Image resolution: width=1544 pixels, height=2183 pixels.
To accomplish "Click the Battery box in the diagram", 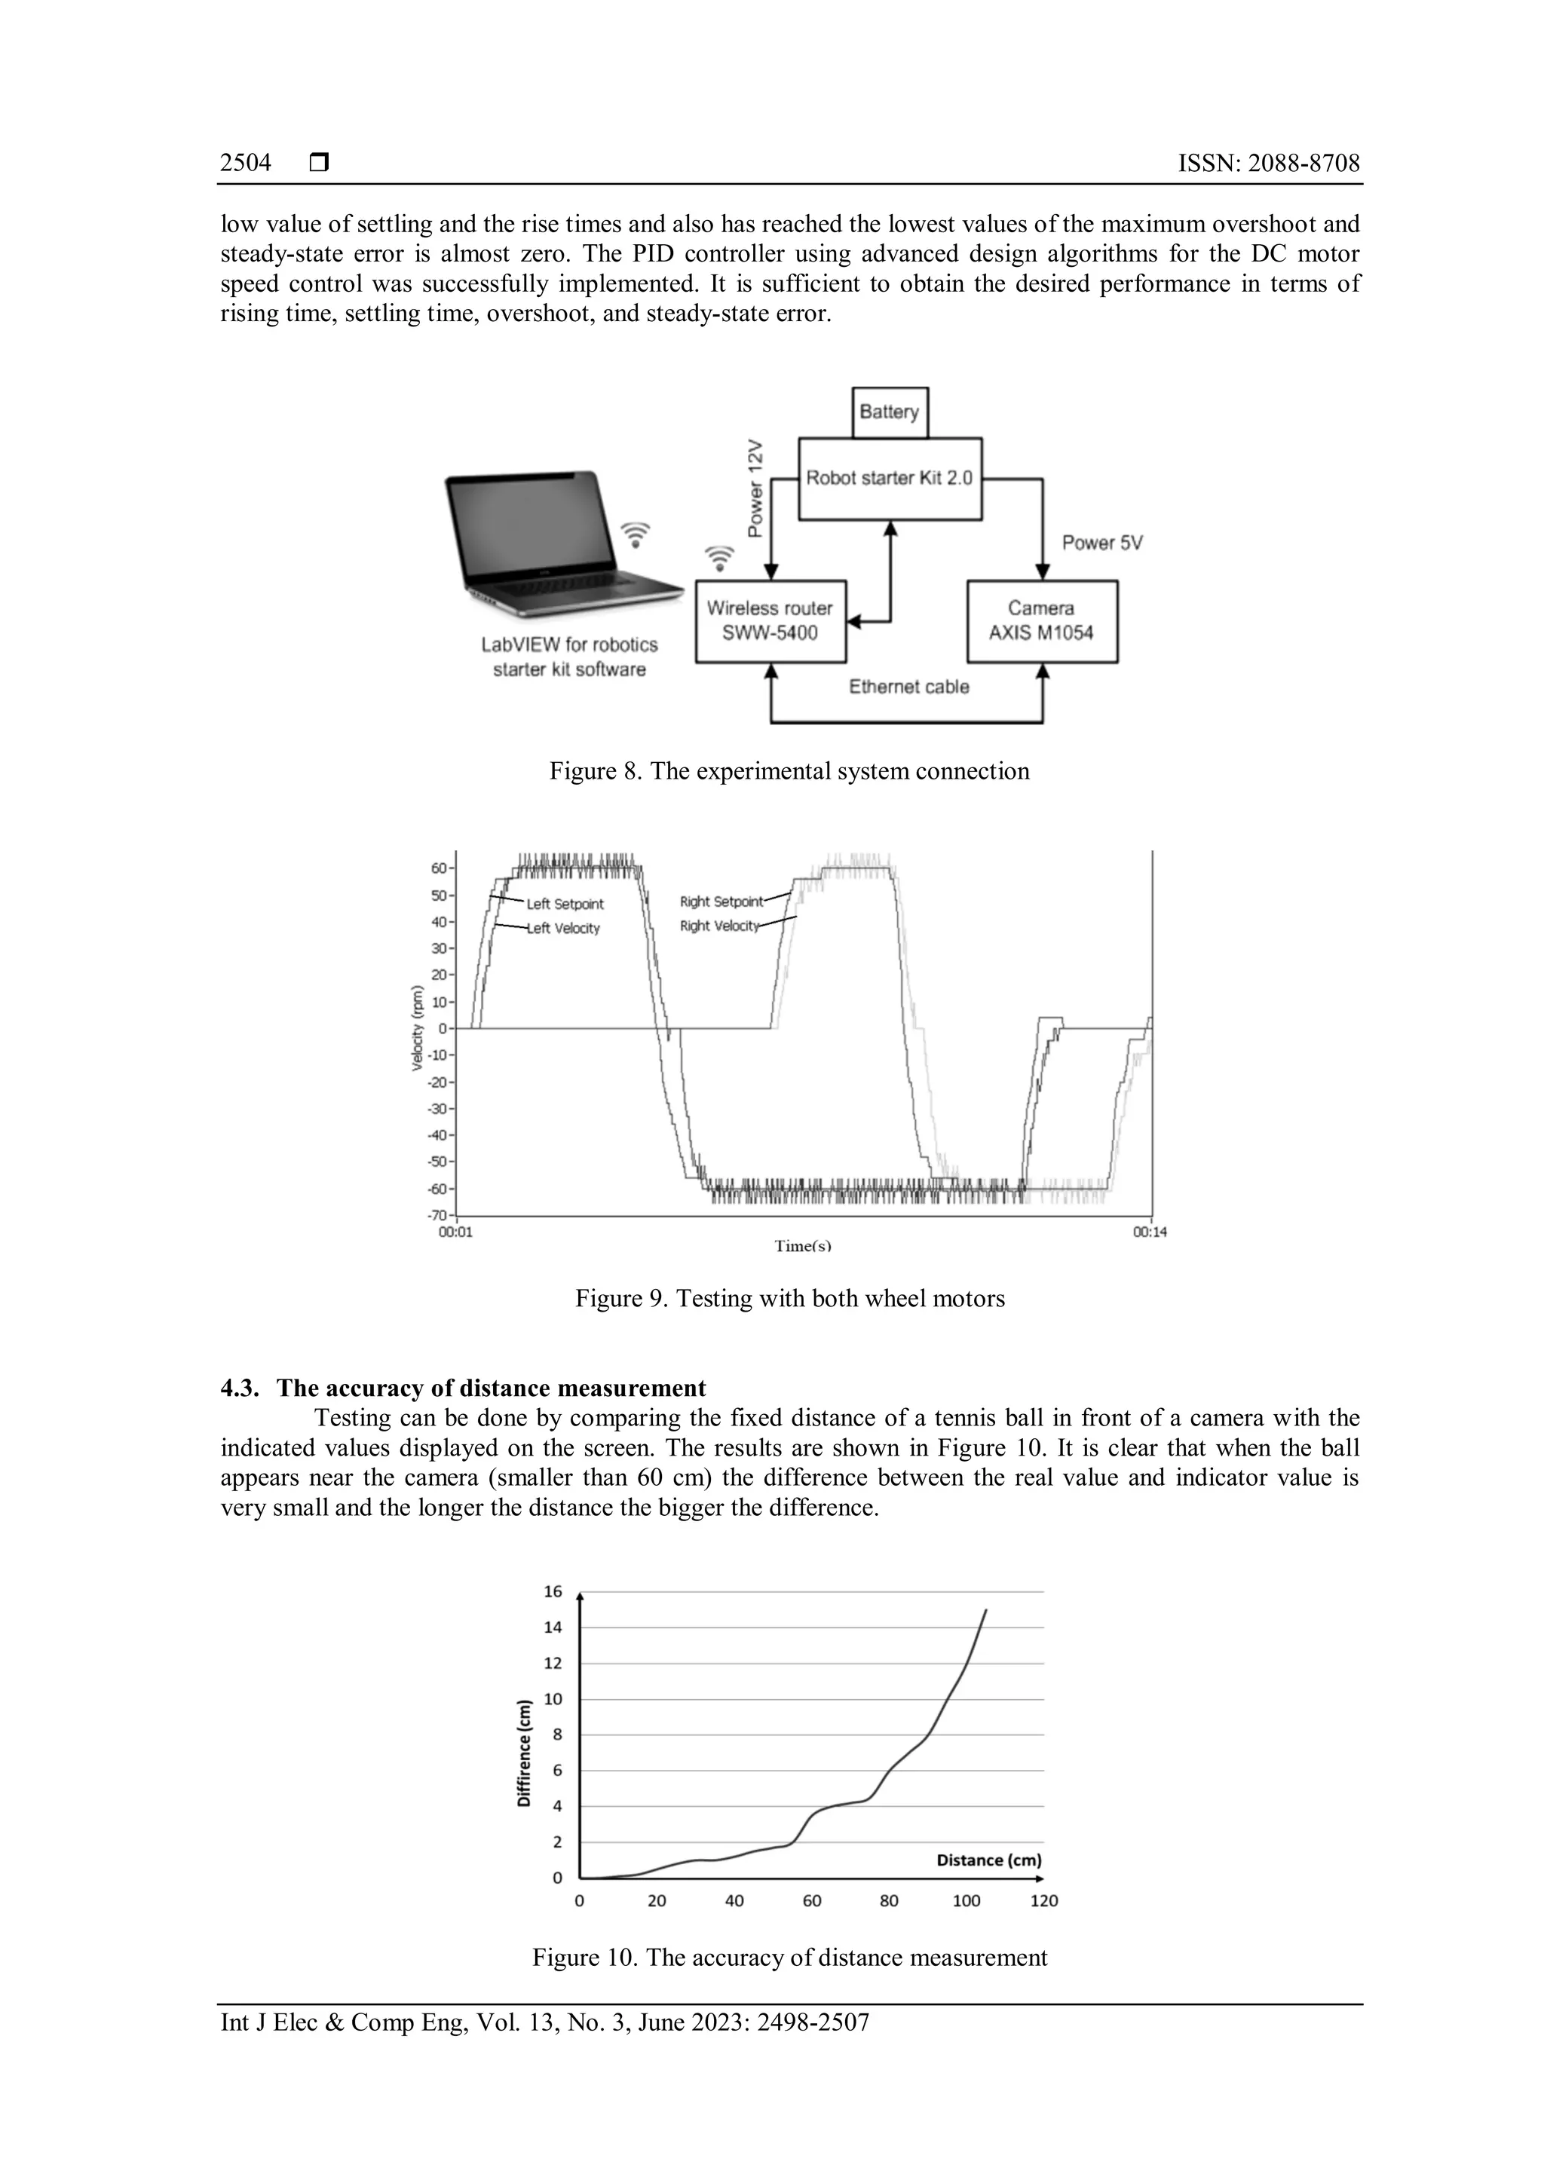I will (889, 412).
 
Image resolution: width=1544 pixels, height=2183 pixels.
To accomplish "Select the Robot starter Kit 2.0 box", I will (889, 478).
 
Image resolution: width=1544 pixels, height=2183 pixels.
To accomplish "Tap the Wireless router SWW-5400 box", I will (770, 621).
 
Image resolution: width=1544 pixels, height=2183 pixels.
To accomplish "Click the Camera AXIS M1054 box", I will (1042, 621).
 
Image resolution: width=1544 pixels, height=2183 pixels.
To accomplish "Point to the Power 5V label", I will (1102, 543).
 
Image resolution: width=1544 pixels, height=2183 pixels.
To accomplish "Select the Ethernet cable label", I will (909, 687).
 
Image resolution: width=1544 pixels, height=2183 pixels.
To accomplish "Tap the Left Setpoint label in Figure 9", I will (565, 905).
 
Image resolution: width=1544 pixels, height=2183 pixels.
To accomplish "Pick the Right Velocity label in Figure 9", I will (720, 926).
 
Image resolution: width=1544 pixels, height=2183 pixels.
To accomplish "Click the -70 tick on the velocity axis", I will (437, 1215).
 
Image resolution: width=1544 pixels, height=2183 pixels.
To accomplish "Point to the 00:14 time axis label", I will (1150, 1232).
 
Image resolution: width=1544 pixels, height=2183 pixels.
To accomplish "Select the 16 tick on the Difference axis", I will (553, 1591).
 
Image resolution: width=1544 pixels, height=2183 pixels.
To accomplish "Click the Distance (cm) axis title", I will (989, 1860).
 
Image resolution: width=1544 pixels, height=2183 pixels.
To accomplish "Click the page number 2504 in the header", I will (245, 164).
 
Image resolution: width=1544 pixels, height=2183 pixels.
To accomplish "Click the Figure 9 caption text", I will (789, 1299).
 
